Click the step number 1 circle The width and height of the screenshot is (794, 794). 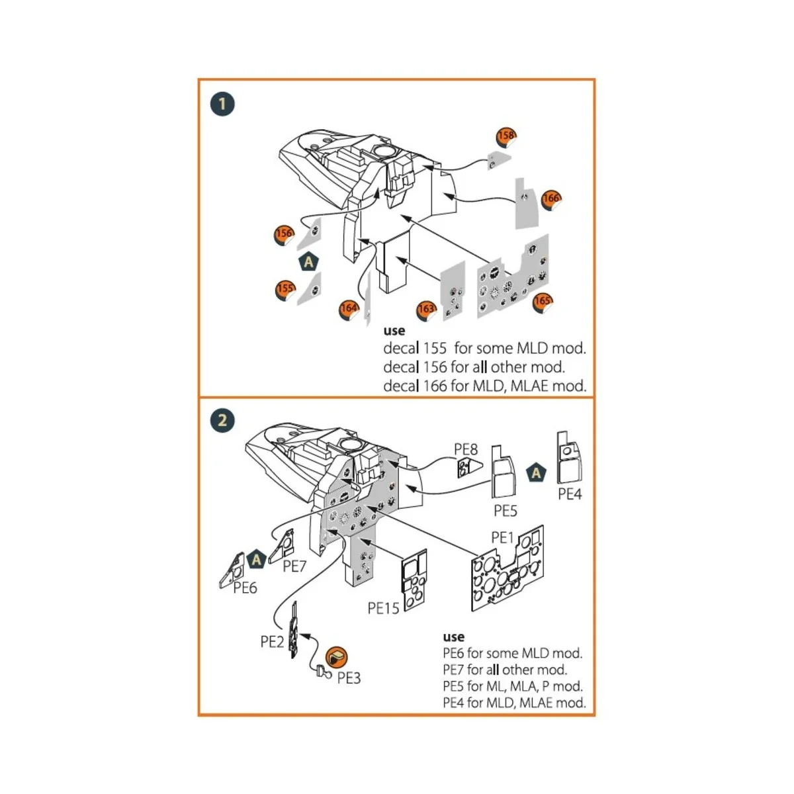pos(222,104)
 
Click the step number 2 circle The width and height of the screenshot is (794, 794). pos(222,420)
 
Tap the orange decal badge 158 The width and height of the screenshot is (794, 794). pos(506,136)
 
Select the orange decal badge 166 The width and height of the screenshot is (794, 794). pos(551,199)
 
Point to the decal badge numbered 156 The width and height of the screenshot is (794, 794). pos(284,234)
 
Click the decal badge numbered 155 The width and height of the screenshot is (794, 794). pos(285,289)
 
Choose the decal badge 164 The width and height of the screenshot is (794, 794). pos(349,308)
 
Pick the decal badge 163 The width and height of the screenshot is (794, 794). pos(426,310)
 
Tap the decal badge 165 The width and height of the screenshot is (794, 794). pos(542,302)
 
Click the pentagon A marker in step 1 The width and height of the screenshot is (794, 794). pos(308,262)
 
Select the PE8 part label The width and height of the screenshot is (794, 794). pos(465,450)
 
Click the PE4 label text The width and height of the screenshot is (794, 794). pos(570,494)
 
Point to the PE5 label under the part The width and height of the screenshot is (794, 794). pos(506,511)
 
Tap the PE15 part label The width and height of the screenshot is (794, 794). pos(384,608)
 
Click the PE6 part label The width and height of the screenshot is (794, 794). pos(245,588)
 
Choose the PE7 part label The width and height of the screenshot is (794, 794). pos(294,566)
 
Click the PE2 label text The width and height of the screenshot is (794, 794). pos(272,641)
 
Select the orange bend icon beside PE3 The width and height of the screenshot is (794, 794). pos(337,656)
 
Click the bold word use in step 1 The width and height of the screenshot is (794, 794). pos(394,331)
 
